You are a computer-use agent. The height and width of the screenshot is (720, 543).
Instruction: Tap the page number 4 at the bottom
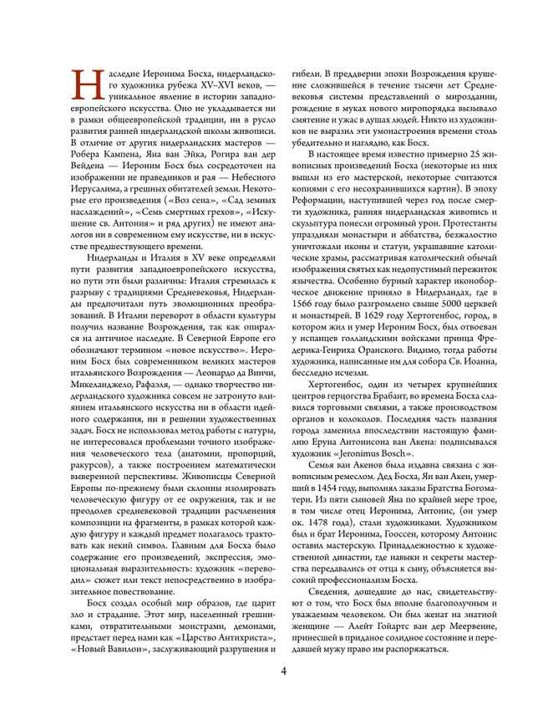tap(283, 670)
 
